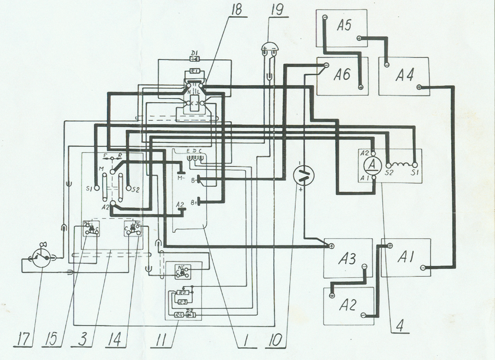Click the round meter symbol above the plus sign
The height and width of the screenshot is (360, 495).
304,175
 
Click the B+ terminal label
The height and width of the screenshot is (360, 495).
194,203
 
